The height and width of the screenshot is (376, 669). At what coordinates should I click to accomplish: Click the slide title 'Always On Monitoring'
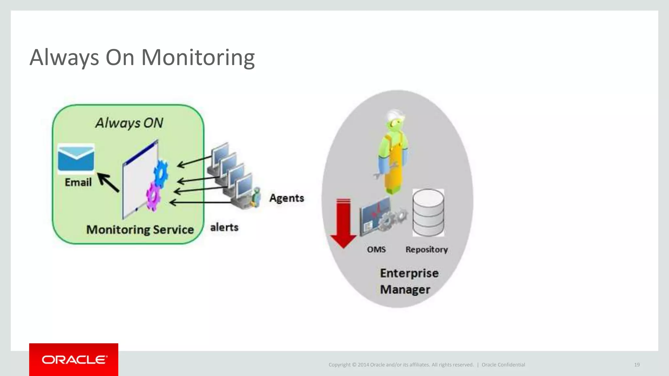(142, 57)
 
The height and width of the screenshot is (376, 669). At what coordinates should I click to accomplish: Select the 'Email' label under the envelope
(78, 182)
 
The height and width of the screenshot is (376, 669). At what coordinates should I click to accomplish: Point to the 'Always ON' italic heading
(129, 123)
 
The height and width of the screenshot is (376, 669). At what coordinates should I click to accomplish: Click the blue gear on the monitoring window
(161, 173)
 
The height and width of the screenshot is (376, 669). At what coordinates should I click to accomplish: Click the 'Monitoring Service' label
(140, 229)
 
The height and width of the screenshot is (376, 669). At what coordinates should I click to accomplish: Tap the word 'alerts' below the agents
(224, 227)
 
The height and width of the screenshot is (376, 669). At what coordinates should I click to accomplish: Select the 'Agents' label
(286, 198)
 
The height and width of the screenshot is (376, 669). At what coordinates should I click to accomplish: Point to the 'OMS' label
(376, 249)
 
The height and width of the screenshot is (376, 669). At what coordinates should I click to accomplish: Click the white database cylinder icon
(428, 212)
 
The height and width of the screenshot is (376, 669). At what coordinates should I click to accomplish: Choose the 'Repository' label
(427, 249)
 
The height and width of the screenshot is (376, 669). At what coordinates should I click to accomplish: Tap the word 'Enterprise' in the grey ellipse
(409, 273)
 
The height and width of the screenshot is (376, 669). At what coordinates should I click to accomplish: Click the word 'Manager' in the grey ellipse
(405, 290)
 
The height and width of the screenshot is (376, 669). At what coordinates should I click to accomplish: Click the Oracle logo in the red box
(74, 360)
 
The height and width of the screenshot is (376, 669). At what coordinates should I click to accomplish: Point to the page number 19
(637, 365)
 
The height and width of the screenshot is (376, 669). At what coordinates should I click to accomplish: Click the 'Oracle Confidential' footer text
(503, 365)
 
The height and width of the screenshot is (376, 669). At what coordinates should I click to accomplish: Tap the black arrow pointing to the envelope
(108, 182)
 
